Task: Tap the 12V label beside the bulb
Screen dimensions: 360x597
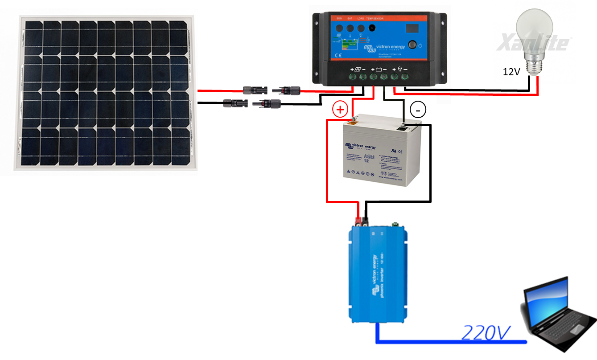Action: [511, 71]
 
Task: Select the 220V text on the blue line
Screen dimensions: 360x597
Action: [486, 332]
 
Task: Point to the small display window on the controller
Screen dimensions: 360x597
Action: [412, 29]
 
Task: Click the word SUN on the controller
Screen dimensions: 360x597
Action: [338, 19]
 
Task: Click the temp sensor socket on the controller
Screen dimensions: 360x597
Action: [372, 29]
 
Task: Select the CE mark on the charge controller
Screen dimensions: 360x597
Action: [338, 55]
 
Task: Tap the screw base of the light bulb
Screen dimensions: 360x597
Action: [532, 68]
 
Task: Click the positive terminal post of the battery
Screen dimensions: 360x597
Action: [352, 119]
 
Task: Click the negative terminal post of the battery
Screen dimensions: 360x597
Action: [403, 125]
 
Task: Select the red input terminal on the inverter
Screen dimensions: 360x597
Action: [358, 220]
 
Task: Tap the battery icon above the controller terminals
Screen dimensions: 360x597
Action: [379, 70]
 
